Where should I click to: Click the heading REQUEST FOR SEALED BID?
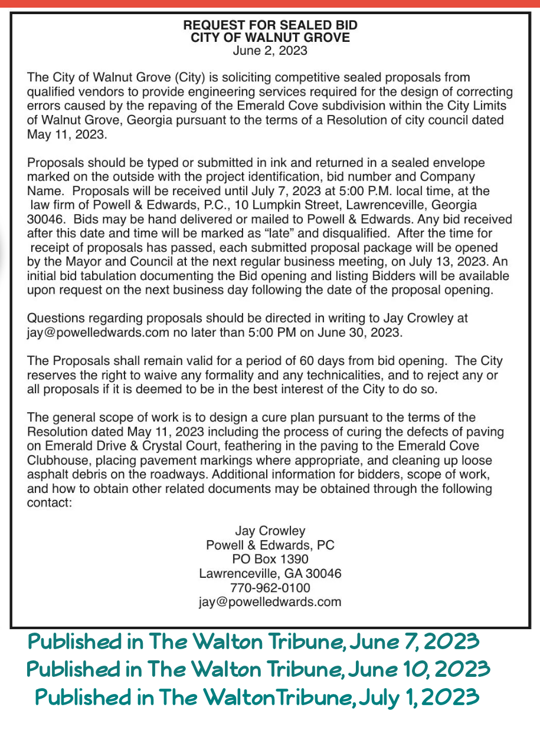coord(270,25)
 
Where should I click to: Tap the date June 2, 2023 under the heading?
coord(270,51)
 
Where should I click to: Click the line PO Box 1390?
coord(270,559)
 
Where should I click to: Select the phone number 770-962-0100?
coord(270,587)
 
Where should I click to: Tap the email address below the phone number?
coord(270,601)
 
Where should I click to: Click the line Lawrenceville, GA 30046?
coord(270,573)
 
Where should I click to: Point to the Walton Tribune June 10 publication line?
coord(258,669)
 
